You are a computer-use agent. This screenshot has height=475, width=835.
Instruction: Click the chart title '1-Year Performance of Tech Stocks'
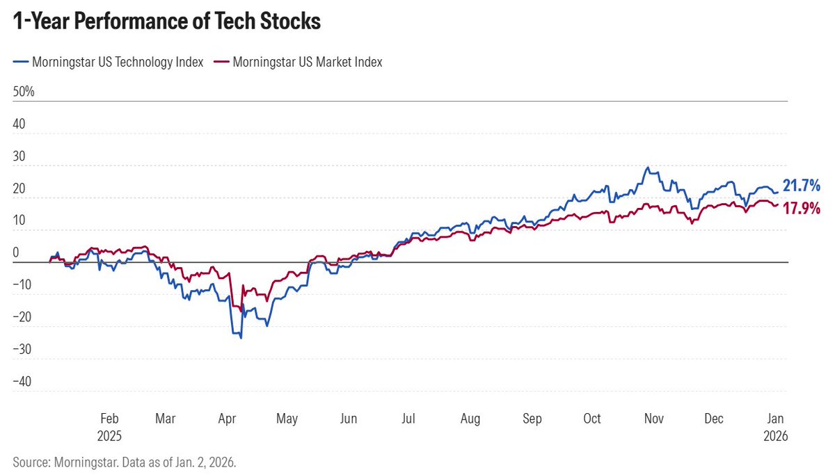pyautogui.click(x=167, y=22)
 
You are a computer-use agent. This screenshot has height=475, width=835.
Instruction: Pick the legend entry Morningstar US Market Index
pyautogui.click(x=307, y=62)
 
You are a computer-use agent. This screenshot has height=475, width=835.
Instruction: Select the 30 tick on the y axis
pyautogui.click(x=19, y=156)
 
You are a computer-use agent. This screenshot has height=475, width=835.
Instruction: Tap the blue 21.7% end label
pyautogui.click(x=802, y=186)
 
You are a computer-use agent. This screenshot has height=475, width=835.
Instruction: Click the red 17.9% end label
pyautogui.click(x=802, y=208)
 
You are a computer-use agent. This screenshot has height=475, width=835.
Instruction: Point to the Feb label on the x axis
pyautogui.click(x=110, y=419)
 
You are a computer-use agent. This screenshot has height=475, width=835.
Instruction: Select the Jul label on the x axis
pyautogui.click(x=408, y=419)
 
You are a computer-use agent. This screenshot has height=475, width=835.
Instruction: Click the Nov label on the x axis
pyautogui.click(x=654, y=419)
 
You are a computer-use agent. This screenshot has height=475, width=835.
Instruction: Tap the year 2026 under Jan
pyautogui.click(x=777, y=436)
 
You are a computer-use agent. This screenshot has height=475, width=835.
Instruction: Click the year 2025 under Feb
pyautogui.click(x=110, y=436)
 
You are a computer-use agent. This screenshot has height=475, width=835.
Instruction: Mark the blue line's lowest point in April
pyautogui.click(x=241, y=338)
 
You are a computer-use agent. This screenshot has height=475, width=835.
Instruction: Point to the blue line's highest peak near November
pyautogui.click(x=648, y=168)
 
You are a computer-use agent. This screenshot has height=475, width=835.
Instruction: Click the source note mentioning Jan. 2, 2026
pyautogui.click(x=125, y=461)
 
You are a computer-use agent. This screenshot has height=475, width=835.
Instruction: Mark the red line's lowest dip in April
pyautogui.click(x=241, y=310)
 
